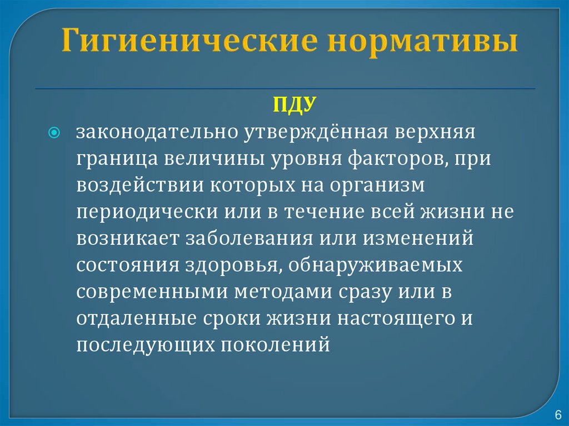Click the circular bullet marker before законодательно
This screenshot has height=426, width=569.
(54, 133)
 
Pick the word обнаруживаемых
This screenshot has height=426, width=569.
(372, 265)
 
